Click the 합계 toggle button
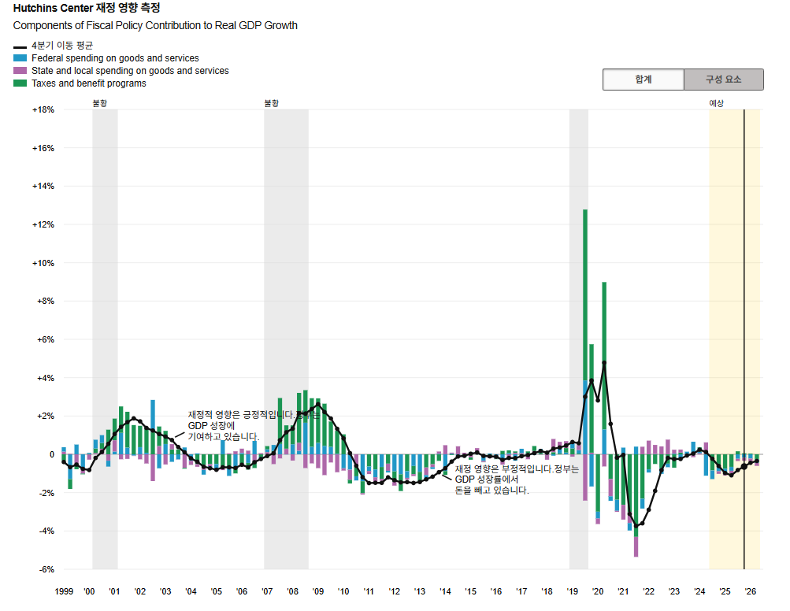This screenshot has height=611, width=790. [643, 80]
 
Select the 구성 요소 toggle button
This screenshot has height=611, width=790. [723, 80]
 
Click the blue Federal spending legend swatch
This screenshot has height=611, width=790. [20, 58]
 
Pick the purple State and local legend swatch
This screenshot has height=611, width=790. [20, 71]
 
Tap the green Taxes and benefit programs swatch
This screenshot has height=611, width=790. [20, 83]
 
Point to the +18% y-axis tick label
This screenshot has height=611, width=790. [43, 109]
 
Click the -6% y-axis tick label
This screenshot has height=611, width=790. [44, 569]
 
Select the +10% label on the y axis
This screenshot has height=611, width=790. [43, 263]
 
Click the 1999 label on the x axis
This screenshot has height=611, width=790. [64, 591]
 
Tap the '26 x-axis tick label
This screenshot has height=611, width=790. [751, 591]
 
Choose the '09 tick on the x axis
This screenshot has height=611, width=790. [318, 591]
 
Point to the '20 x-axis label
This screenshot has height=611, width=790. [598, 591]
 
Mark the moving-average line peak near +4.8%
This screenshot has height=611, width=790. [604, 363]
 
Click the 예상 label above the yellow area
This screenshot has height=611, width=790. [716, 103]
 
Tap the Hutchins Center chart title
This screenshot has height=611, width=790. [87, 9]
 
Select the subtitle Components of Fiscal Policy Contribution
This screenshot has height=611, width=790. [155, 25]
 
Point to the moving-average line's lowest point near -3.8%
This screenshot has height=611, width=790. [636, 526]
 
